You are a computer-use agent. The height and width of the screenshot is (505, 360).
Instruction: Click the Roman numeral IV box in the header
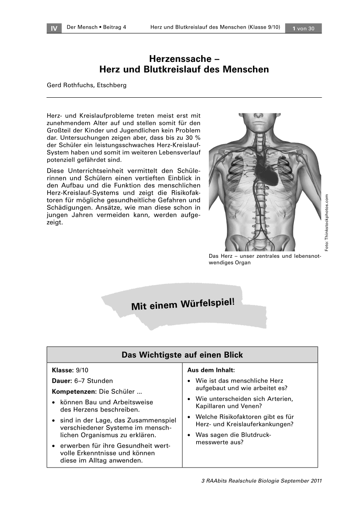click(53, 28)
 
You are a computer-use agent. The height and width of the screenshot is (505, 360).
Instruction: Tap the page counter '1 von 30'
click(303, 28)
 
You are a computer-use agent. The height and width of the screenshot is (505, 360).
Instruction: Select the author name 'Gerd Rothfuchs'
click(70, 85)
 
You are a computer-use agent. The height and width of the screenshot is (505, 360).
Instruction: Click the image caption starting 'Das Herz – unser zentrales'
click(264, 259)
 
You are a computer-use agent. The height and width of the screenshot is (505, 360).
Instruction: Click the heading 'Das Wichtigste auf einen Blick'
click(182, 355)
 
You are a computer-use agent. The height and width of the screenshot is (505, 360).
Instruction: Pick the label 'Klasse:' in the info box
click(63, 370)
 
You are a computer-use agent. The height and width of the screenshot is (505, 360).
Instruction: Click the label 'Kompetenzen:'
click(74, 391)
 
